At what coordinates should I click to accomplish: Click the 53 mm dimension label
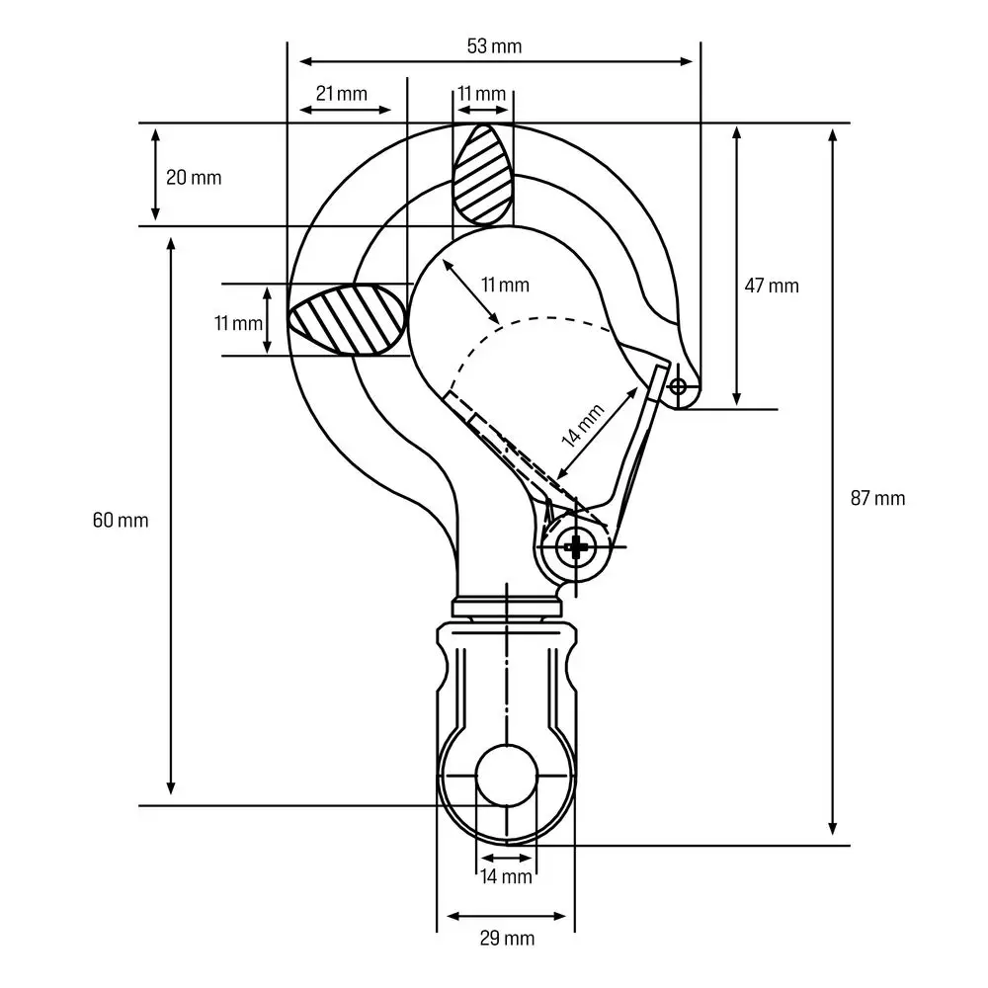click(x=494, y=45)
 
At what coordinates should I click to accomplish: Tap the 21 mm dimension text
click(x=342, y=94)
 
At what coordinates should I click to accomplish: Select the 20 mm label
click(x=194, y=178)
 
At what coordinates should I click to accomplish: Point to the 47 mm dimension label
click(x=771, y=286)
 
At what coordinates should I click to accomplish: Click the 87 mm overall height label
click(x=877, y=498)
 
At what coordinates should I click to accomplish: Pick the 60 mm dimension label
click(x=121, y=520)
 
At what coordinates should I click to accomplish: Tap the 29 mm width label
click(x=506, y=938)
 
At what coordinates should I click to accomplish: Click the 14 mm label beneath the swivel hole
click(x=506, y=876)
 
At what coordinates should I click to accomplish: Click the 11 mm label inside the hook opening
click(x=505, y=286)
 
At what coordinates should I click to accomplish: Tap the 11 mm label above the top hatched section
click(x=481, y=94)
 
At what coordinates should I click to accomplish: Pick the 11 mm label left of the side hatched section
click(x=238, y=322)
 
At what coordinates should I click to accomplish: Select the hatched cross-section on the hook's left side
click(x=348, y=319)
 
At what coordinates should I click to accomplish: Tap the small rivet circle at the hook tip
click(x=678, y=385)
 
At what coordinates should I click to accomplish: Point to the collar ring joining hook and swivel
click(x=506, y=607)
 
